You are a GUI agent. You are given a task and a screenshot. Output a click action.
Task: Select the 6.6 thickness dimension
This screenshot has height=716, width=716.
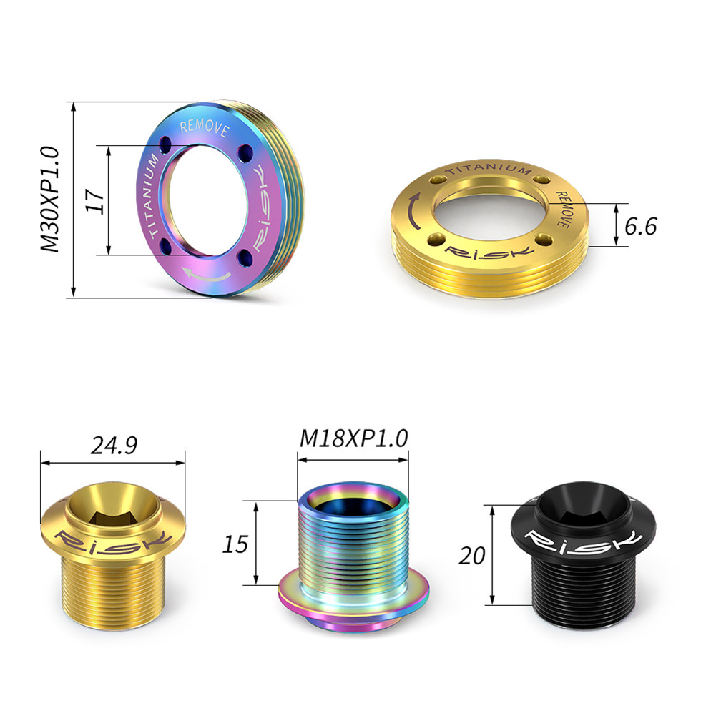640,226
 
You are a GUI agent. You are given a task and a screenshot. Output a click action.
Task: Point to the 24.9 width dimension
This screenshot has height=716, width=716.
113,446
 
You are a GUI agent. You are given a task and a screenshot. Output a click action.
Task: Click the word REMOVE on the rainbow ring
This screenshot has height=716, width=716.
204,129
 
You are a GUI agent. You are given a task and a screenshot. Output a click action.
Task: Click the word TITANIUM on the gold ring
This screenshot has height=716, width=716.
488,168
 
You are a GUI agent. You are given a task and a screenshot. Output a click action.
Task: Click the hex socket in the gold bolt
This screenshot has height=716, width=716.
113,512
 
